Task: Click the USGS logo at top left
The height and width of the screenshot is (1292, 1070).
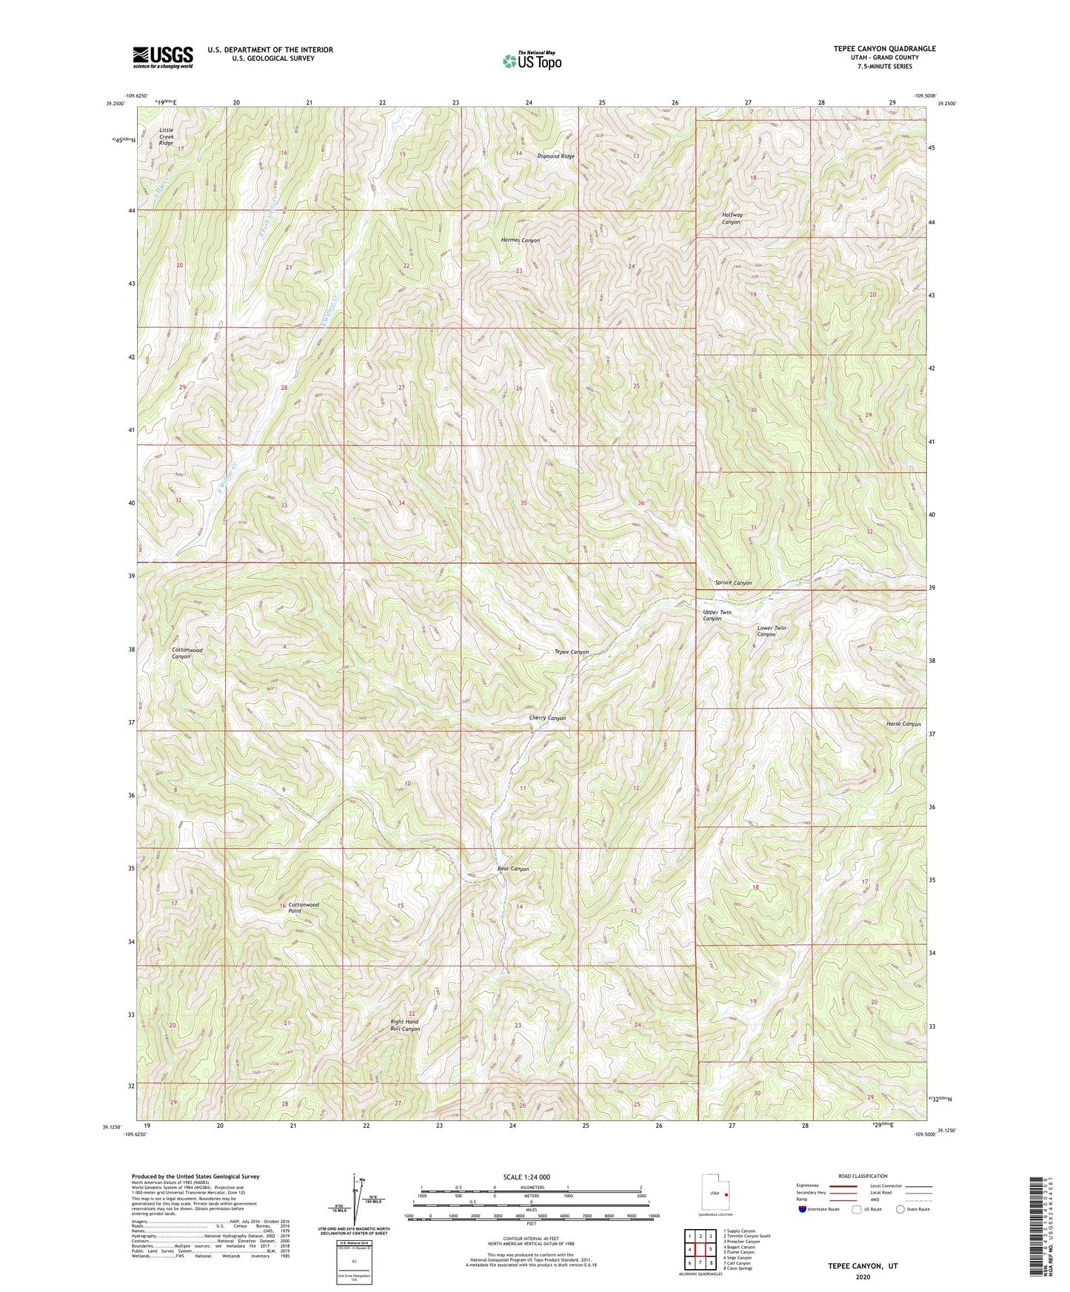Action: (162, 57)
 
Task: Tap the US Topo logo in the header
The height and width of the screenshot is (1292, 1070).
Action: (531, 61)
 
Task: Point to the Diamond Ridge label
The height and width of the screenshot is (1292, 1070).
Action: (555, 157)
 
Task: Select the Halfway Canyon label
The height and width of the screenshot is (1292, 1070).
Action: (732, 218)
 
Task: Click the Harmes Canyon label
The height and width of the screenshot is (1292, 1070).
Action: (521, 240)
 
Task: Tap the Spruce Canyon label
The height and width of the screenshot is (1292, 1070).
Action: (733, 583)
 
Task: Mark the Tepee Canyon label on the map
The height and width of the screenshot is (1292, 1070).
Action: (572, 652)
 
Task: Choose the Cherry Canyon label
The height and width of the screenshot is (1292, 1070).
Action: (547, 719)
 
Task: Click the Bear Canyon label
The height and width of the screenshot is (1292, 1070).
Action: (512, 869)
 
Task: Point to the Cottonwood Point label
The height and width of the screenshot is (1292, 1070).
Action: (304, 909)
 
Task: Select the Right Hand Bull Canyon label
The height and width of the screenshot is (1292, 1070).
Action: (405, 1026)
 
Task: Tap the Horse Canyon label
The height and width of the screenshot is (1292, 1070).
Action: (903, 724)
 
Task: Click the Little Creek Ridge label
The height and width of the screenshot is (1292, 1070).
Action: (166, 136)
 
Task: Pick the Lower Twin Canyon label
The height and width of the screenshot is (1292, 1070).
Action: (771, 631)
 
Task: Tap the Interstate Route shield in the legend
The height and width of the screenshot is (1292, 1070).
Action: (803, 1209)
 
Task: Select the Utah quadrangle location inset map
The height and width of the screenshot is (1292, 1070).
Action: (716, 1193)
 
